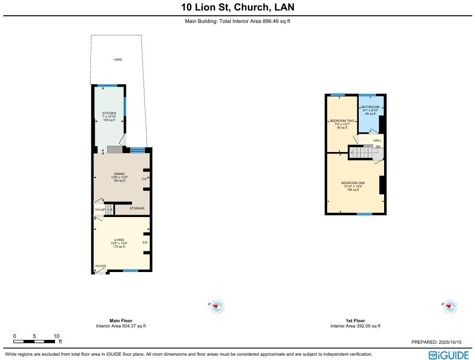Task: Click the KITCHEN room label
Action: click(x=109, y=113)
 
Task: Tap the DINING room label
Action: click(x=119, y=174)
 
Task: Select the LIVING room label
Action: click(x=119, y=240)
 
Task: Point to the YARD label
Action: click(x=118, y=60)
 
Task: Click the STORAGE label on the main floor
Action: click(x=137, y=208)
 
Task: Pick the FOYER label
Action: click(x=100, y=266)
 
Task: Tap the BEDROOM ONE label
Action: click(x=353, y=183)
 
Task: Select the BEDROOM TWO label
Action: click(x=342, y=121)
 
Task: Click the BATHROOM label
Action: click(x=370, y=107)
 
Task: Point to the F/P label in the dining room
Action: click(x=144, y=179)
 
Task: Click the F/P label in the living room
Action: click(x=144, y=243)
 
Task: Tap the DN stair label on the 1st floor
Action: click(x=378, y=147)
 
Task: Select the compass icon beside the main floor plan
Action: click(x=217, y=306)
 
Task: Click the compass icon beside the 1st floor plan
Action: click(x=450, y=306)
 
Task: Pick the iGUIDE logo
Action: click(x=448, y=355)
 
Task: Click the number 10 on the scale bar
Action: click(x=56, y=336)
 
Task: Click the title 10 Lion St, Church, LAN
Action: click(x=237, y=7)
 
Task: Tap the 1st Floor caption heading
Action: click(x=355, y=321)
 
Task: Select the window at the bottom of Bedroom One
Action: click(x=365, y=214)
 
